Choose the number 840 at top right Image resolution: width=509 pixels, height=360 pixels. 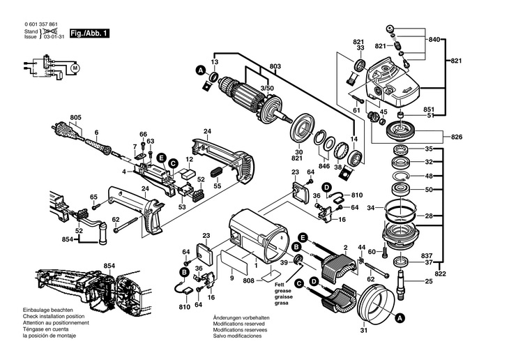coord(435,40)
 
